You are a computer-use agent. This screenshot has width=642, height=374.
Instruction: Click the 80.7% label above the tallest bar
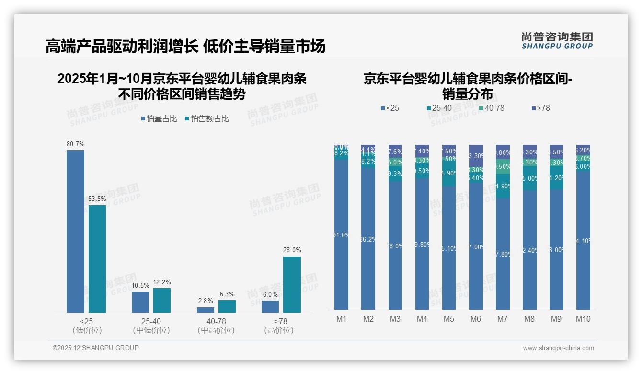(76, 144)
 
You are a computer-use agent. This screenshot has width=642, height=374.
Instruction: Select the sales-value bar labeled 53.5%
(97, 259)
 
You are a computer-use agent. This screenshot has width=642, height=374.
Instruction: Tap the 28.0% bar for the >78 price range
(292, 284)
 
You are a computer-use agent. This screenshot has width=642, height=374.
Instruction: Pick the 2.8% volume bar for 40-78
(206, 310)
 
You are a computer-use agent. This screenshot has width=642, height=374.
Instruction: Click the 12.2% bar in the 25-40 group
(162, 300)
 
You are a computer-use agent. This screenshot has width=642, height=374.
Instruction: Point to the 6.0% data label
(270, 295)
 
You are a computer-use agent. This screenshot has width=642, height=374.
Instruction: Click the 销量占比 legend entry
(159, 119)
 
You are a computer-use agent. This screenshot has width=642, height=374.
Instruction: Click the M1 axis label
(341, 319)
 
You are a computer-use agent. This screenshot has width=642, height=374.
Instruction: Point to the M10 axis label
(583, 319)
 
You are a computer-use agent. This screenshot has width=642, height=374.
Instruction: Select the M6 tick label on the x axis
(476, 319)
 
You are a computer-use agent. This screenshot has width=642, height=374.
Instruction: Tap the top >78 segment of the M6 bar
(476, 155)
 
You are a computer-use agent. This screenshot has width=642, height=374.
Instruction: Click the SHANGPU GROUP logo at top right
(557, 41)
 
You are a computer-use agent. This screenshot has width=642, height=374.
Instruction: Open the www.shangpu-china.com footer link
(558, 348)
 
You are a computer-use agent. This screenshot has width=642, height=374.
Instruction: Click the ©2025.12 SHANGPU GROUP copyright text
(96, 348)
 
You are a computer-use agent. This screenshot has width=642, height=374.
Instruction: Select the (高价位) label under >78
(279, 330)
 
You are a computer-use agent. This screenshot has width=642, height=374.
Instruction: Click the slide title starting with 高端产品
(185, 47)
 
